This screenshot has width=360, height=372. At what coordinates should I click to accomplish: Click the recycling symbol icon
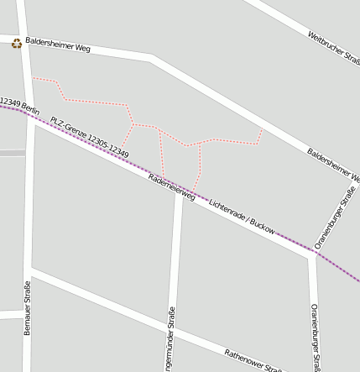(16, 44)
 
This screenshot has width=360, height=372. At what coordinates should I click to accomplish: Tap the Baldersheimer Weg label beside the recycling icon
(58, 44)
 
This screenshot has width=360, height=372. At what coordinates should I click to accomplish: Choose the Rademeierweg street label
(171, 187)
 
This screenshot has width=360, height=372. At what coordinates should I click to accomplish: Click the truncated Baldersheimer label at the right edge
(333, 166)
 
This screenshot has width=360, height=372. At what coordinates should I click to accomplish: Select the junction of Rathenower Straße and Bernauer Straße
(29, 271)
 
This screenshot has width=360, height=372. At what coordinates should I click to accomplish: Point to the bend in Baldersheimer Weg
(151, 57)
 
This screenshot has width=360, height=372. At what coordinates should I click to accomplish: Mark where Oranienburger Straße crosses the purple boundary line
(312, 252)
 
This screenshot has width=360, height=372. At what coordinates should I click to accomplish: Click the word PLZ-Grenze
(68, 125)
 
